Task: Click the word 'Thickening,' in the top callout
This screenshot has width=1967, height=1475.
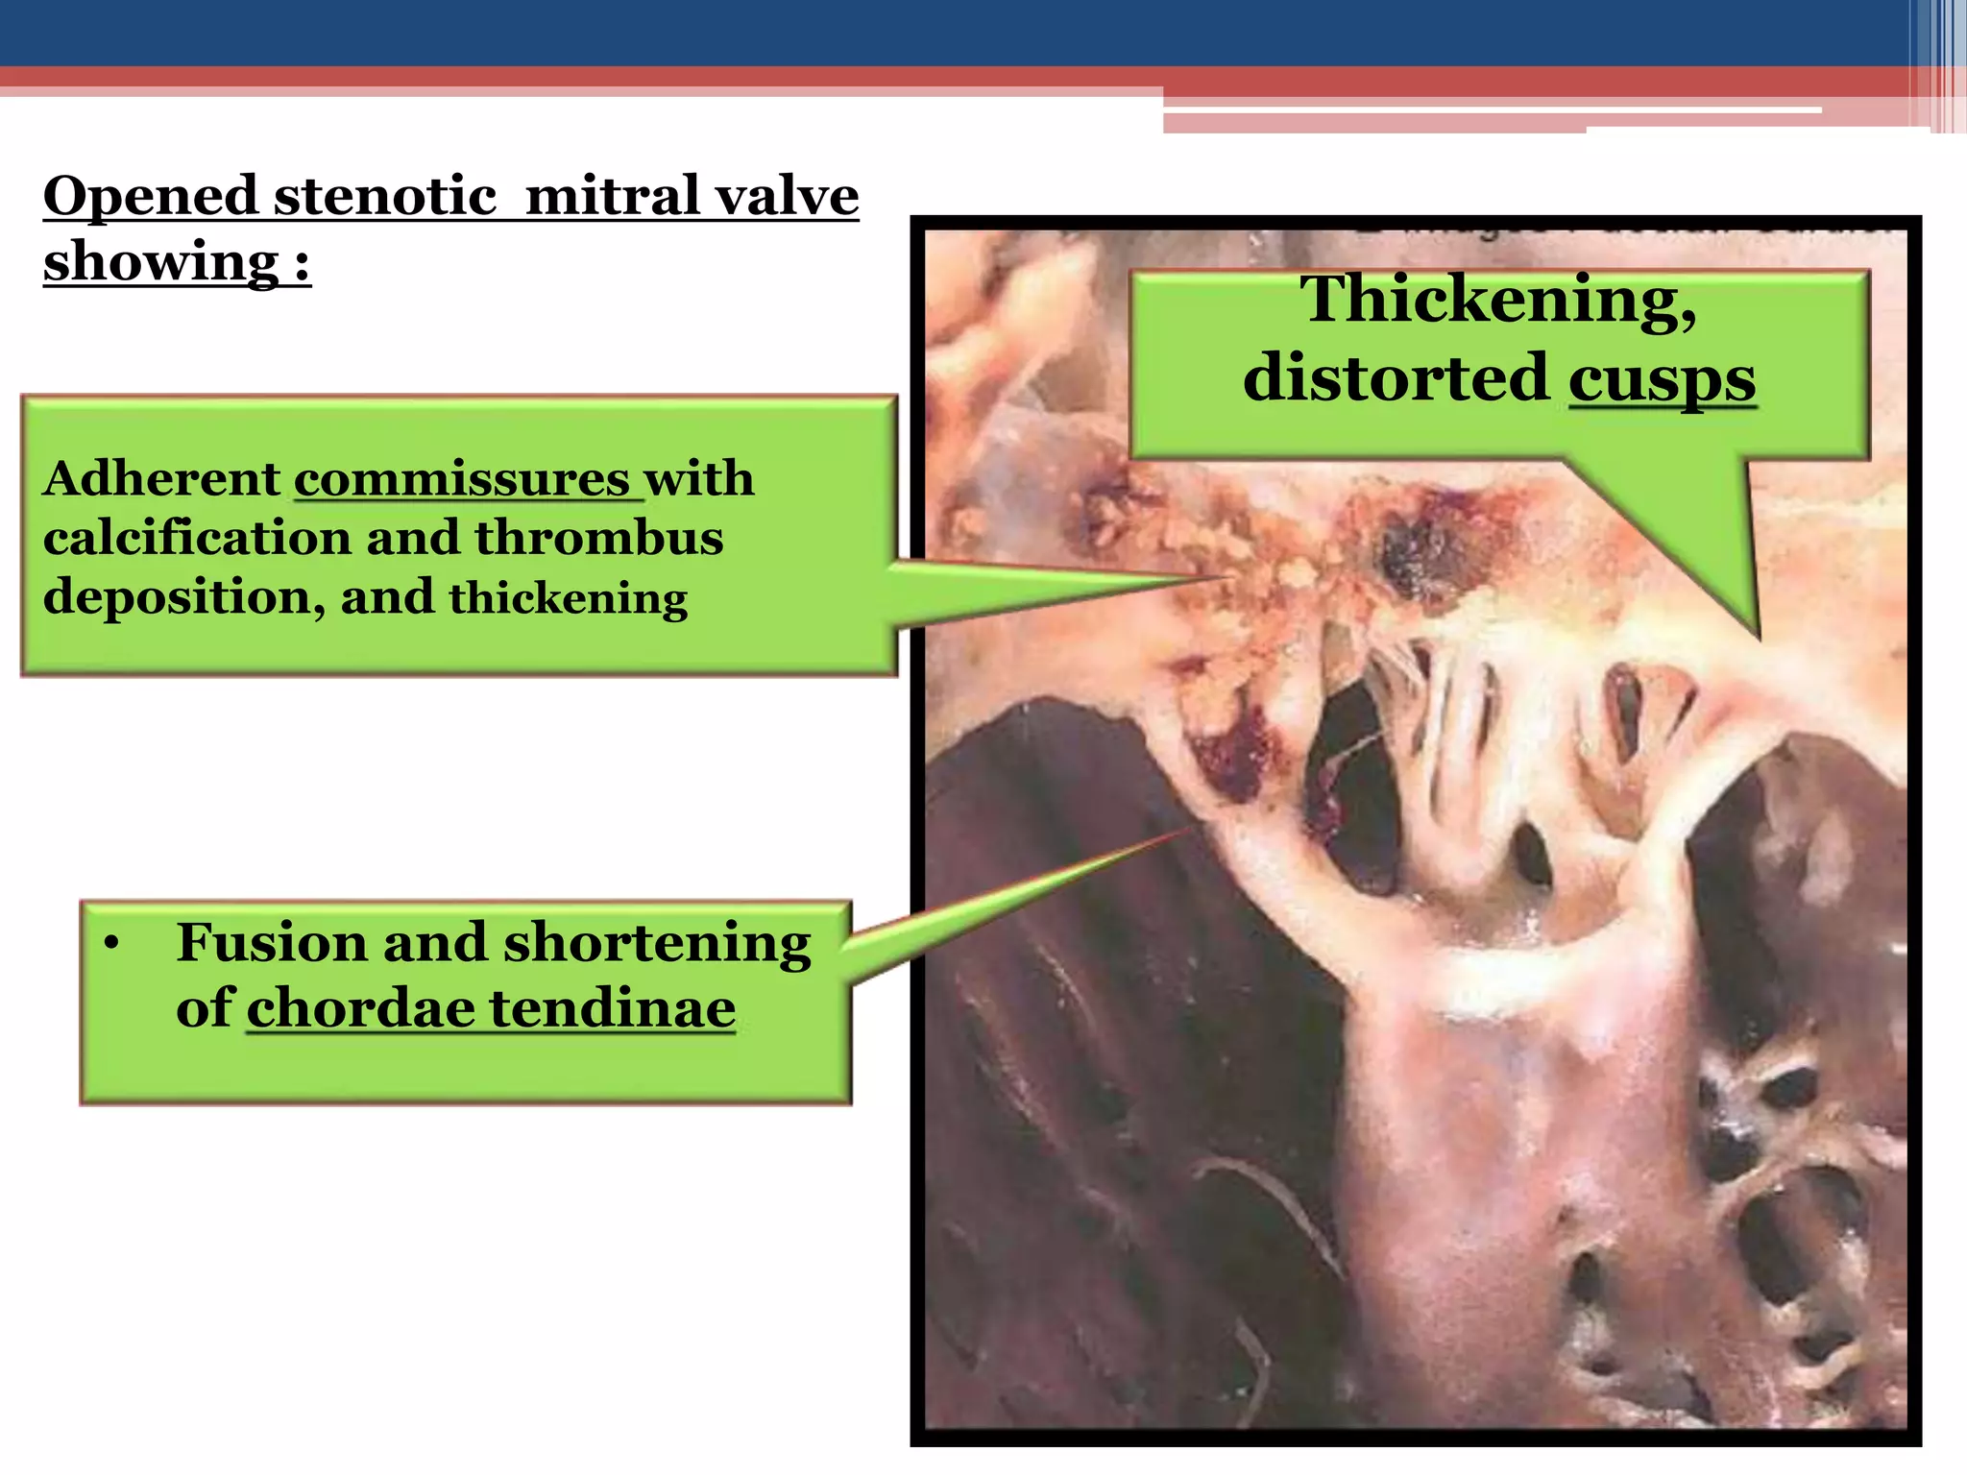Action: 1498,301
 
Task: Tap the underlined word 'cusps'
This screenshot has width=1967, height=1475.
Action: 1662,378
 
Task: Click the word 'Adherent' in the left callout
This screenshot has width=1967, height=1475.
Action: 161,478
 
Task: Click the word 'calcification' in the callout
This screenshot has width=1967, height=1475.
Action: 196,537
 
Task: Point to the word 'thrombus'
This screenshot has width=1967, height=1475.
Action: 598,537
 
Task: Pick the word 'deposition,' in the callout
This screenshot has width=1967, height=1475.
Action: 183,597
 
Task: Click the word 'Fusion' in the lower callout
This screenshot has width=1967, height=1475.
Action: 271,942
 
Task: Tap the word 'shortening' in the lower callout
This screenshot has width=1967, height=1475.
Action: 657,944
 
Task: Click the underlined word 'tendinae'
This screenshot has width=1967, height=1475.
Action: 612,1008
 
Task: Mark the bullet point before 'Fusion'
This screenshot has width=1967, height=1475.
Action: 112,945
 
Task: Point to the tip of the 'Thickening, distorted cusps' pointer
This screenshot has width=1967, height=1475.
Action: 1758,639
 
